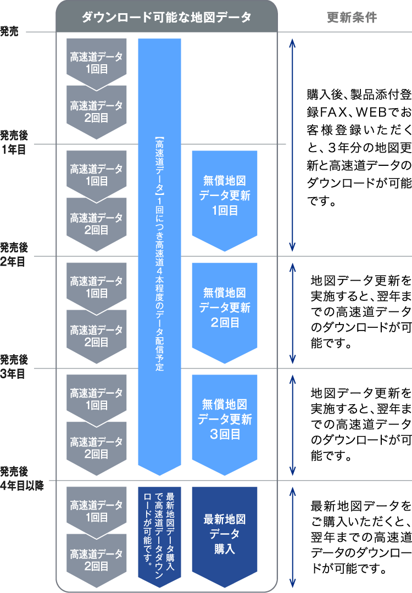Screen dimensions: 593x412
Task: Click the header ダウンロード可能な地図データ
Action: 166,18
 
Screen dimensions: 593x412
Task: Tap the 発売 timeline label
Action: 9,32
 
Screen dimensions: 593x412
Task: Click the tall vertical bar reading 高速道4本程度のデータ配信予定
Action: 159,253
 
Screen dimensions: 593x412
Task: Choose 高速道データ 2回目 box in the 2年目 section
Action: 96,333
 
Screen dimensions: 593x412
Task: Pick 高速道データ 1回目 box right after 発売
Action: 96,60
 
